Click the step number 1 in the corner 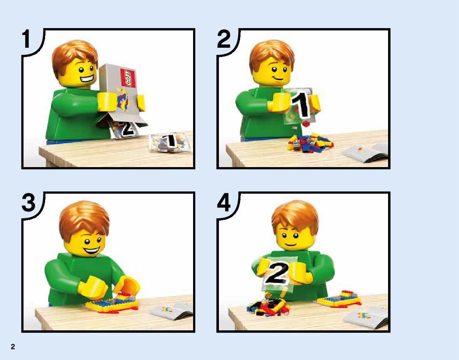click(26, 39)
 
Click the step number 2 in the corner click(224, 39)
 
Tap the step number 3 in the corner click(28, 203)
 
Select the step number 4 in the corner click(224, 203)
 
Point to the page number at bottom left click(13, 347)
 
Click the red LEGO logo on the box click(128, 78)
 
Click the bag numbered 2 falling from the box click(124, 128)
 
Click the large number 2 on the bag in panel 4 click(276, 273)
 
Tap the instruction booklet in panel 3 click(171, 311)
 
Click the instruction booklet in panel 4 click(366, 317)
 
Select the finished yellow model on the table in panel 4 click(338, 299)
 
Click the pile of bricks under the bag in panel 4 click(268, 307)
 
